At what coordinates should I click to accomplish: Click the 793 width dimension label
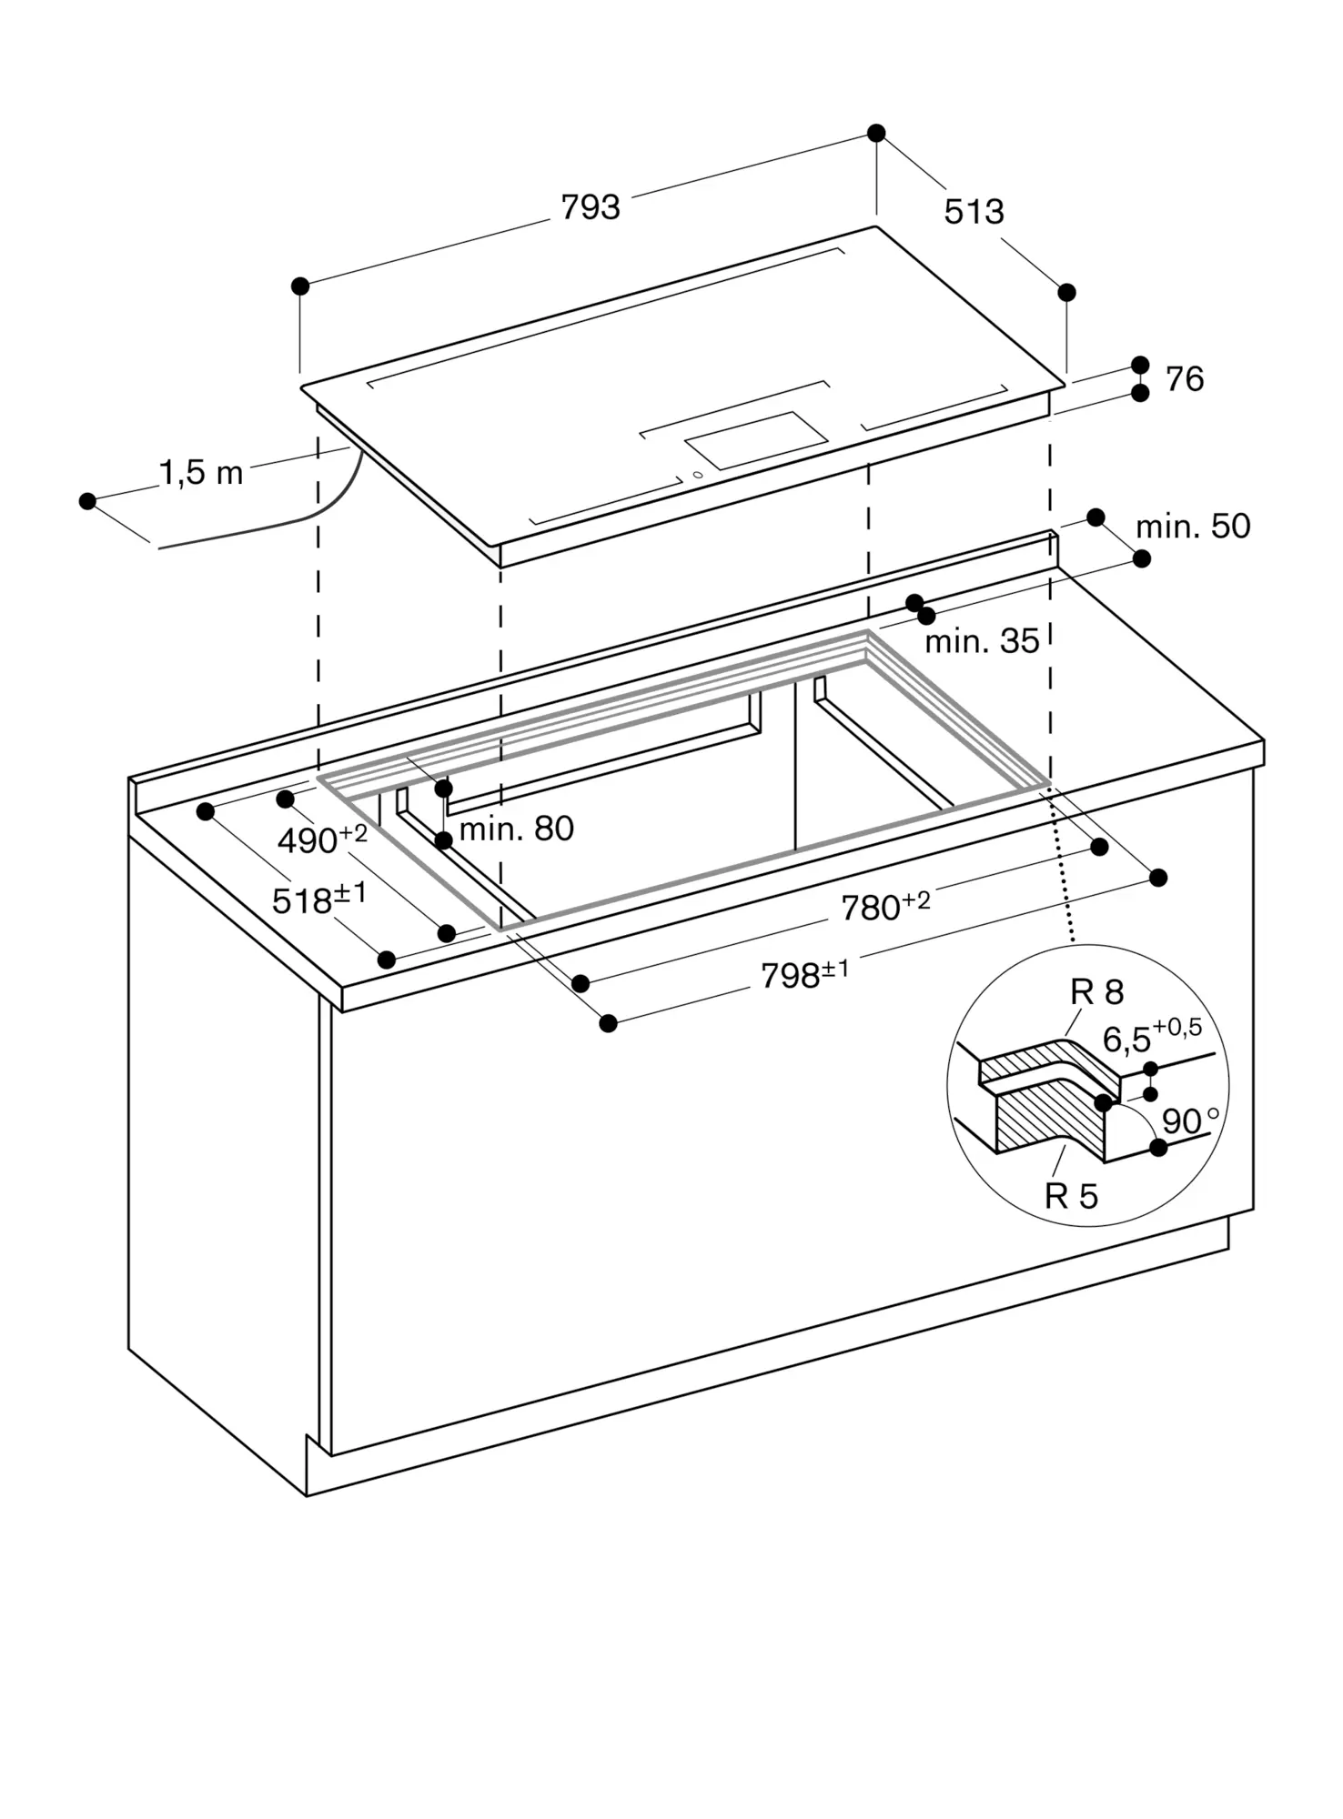click(x=591, y=207)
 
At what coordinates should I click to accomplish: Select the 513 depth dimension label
click(x=974, y=212)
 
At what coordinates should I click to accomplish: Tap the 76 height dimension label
click(x=1185, y=379)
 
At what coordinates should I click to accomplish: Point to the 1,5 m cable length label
click(x=202, y=472)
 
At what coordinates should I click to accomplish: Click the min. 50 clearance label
click(x=1193, y=526)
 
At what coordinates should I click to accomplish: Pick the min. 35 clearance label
click(x=982, y=641)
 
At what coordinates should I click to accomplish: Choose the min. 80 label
click(x=516, y=829)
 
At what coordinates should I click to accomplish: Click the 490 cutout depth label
click(x=322, y=839)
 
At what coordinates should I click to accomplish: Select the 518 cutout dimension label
click(x=319, y=899)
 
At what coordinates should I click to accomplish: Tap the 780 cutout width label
click(x=885, y=906)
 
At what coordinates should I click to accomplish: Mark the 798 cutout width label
click(x=805, y=974)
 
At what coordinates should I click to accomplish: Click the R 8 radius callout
click(x=1097, y=992)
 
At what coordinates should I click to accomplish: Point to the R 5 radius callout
click(x=1072, y=1196)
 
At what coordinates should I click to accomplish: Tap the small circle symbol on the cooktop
click(x=698, y=474)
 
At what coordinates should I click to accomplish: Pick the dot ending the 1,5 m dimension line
click(x=87, y=501)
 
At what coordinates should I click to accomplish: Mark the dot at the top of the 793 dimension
click(x=876, y=133)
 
